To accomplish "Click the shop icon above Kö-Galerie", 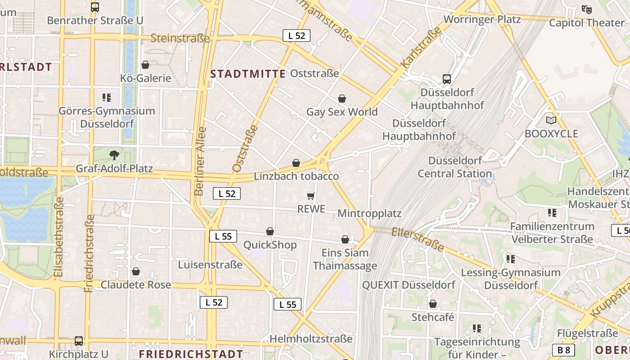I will coord(145,65).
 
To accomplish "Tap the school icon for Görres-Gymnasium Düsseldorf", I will coord(107,97).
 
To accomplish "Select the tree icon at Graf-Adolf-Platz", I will coord(114,155).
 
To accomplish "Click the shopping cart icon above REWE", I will coord(310,196).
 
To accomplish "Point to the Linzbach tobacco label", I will coord(296,176).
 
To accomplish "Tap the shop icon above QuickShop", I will coord(270,231).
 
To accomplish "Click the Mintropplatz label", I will coord(369,213).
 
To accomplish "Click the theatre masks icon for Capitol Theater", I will coord(586,9).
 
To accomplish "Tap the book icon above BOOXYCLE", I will coord(551,120).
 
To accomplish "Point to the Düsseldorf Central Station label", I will coord(454,167).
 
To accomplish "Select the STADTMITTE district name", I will coord(248,74).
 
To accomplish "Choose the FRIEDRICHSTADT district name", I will coord(191,354).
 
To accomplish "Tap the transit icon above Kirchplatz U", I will coord(79,341).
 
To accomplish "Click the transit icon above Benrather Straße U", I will coord(95,7).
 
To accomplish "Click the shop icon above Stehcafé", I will coord(433,304).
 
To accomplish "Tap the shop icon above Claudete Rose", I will coord(136,271).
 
